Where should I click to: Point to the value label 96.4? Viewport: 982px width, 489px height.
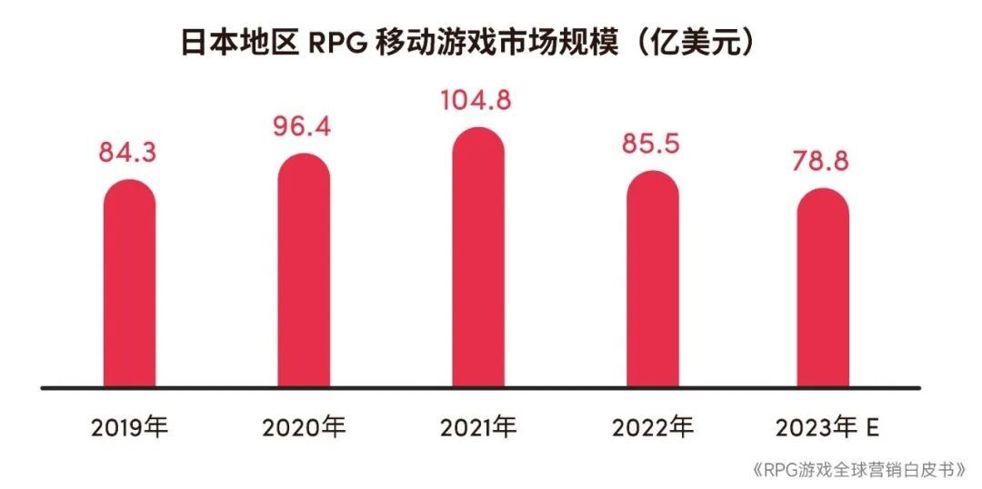(x=303, y=125)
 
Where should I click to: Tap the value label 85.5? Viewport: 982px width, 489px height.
(x=651, y=144)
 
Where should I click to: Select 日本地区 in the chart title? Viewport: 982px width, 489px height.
(x=238, y=44)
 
